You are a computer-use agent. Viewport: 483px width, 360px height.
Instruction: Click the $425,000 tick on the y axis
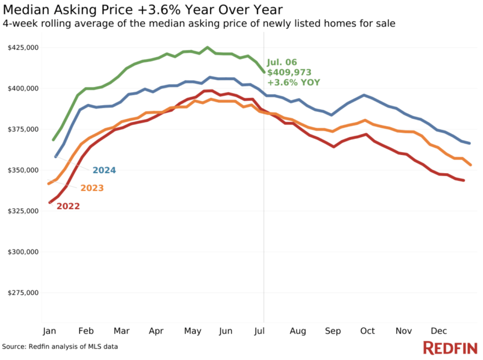23,47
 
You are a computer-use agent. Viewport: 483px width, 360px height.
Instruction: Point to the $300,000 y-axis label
23,252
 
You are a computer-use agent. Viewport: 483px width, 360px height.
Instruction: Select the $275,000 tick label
23,293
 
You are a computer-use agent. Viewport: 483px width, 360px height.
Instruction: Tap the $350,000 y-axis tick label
23,170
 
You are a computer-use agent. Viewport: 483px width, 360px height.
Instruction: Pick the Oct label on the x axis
368,331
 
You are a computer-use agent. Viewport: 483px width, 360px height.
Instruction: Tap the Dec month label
439,331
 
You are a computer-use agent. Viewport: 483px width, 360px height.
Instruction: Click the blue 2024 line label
104,170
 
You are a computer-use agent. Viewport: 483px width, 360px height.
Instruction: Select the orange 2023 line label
92,188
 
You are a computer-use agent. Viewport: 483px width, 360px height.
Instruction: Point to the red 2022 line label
68,207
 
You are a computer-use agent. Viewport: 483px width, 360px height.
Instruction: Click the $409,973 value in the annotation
289,72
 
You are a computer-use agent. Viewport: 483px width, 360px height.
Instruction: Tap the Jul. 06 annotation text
282,63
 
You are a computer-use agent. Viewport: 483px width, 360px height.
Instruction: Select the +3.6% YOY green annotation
293,82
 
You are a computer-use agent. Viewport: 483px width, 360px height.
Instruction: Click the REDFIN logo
450,348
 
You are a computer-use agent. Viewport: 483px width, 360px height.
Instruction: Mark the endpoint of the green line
264,72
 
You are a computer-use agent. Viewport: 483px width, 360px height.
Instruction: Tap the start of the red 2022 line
50,203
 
